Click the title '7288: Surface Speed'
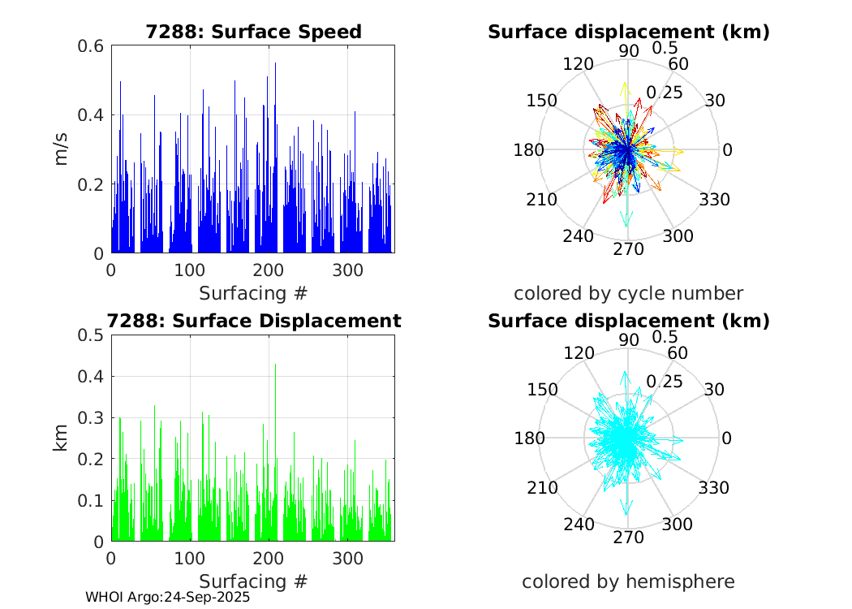point(253,32)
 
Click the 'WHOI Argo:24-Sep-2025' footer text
point(167,597)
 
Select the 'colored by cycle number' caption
point(628,293)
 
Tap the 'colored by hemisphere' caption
point(628,581)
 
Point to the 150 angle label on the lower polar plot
point(542,389)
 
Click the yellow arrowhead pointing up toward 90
point(625,85)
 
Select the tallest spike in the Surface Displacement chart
point(275,365)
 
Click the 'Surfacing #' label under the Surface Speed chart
point(253,292)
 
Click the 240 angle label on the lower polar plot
point(578,524)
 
